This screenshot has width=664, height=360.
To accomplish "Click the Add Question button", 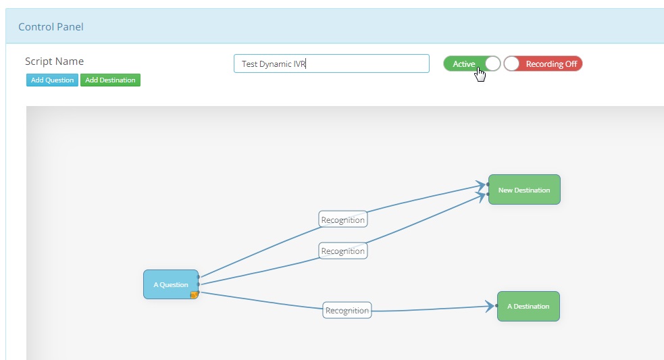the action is point(52,80).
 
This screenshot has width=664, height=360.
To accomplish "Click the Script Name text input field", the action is point(331,63).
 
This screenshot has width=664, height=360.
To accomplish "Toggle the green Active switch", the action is point(471,64).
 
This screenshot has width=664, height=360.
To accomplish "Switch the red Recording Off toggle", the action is point(543,64).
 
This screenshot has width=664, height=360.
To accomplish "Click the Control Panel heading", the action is point(51,27).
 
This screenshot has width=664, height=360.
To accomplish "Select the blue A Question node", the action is point(171,284).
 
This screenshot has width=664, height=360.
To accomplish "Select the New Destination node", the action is point(524,190).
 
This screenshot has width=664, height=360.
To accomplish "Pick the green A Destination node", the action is point(528,306).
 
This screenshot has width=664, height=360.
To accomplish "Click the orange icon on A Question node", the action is point(194,294).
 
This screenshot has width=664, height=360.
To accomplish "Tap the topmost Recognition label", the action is point(343,220).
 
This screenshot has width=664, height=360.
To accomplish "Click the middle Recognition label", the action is point(343,251).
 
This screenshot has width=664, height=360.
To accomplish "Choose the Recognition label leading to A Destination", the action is point(347,311).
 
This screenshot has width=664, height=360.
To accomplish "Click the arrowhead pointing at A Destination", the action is point(490,306).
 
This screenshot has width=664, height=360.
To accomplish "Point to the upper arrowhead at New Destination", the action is point(481,185).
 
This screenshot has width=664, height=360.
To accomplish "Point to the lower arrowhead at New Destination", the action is point(481,196).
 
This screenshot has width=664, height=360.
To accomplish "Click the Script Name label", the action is point(54,61).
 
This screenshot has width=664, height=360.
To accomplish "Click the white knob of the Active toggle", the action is point(493,64).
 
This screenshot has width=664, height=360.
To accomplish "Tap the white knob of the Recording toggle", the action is point(511,64).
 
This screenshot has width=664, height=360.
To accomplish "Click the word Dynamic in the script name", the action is point(275,64).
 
